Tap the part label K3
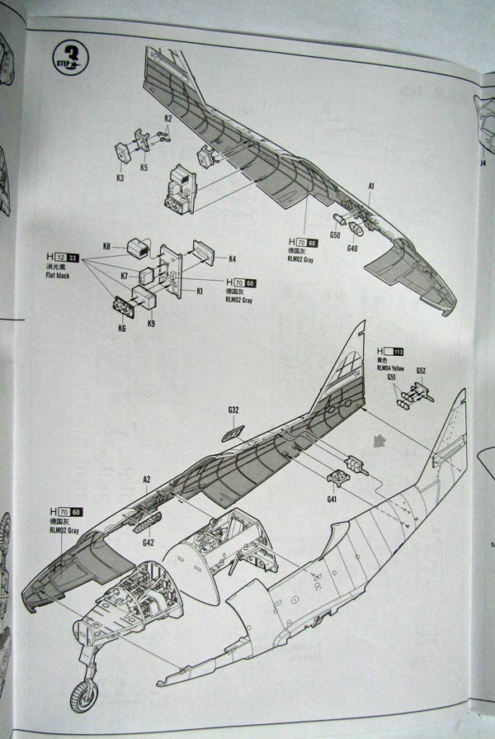pos(120,178)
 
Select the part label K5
pos(144,168)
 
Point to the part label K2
pos(167,118)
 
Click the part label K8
pos(107,246)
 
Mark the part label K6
pos(122,329)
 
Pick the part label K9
pos(151,324)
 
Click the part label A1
pos(372,187)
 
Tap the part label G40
pos(352,249)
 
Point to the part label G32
pos(233,410)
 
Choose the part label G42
pos(148,542)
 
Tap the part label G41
pos(332,499)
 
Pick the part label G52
pos(421,371)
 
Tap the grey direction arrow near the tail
pos(379,440)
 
